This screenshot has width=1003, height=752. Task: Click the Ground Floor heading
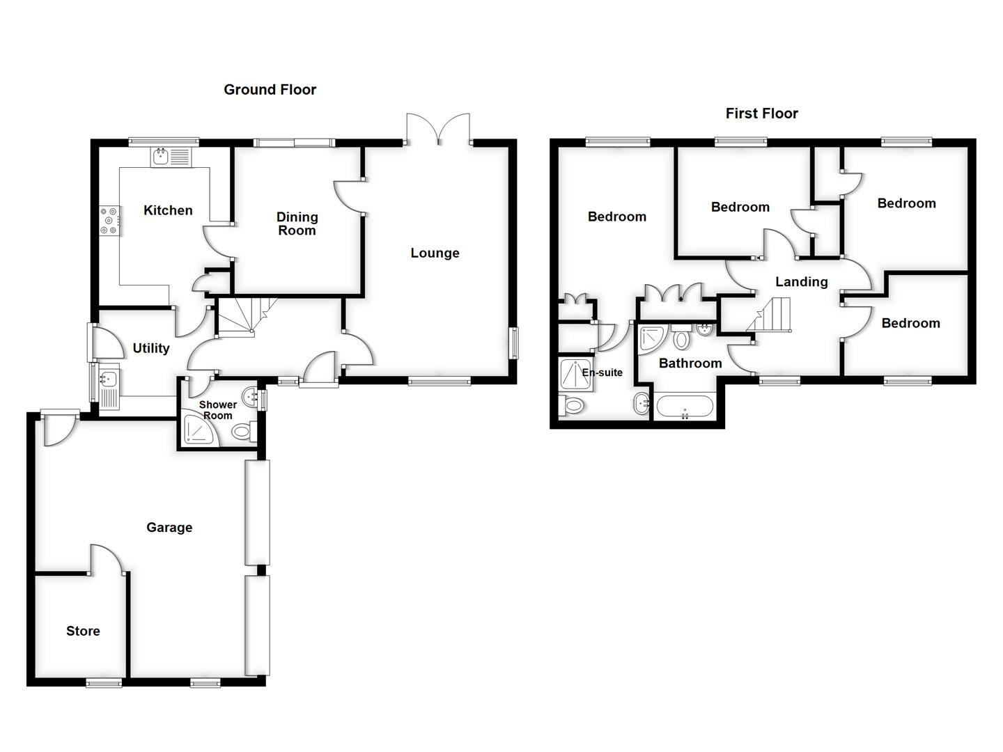click(x=270, y=90)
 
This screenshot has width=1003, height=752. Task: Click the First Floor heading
click(x=761, y=113)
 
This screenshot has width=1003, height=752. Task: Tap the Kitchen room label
click(x=168, y=210)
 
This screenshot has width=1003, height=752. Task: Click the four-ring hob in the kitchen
click(x=109, y=219)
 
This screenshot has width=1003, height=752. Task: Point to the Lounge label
click(x=435, y=253)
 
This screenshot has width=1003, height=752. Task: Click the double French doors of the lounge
click(x=439, y=129)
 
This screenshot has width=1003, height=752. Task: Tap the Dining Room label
click(x=297, y=224)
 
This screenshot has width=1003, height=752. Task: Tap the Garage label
click(x=169, y=528)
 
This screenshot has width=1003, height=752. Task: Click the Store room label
click(x=83, y=632)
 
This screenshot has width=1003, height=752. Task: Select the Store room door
click(x=107, y=558)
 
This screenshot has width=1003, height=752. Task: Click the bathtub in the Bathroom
click(x=685, y=407)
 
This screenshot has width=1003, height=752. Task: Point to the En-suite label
click(x=602, y=373)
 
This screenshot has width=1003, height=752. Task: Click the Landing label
click(x=802, y=282)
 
